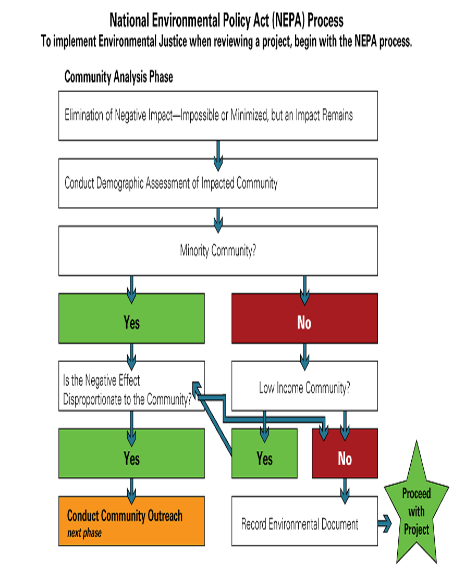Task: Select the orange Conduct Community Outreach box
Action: pos(132,521)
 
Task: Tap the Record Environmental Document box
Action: pos(304,521)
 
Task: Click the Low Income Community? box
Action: pos(304,386)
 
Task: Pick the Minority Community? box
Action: pos(218,251)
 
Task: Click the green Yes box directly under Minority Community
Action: pos(132,318)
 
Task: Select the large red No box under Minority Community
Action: pos(304,318)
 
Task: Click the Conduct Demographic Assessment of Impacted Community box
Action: pos(218,183)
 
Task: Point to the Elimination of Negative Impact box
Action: pos(218,116)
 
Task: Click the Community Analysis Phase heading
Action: pos(119,77)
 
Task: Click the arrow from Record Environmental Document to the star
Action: pos(384,523)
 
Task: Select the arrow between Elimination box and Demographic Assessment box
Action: pos(218,156)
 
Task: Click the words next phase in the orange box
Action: pos(84,533)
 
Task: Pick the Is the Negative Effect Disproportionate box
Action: pos(132,386)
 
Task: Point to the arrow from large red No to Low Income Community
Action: pos(304,356)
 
